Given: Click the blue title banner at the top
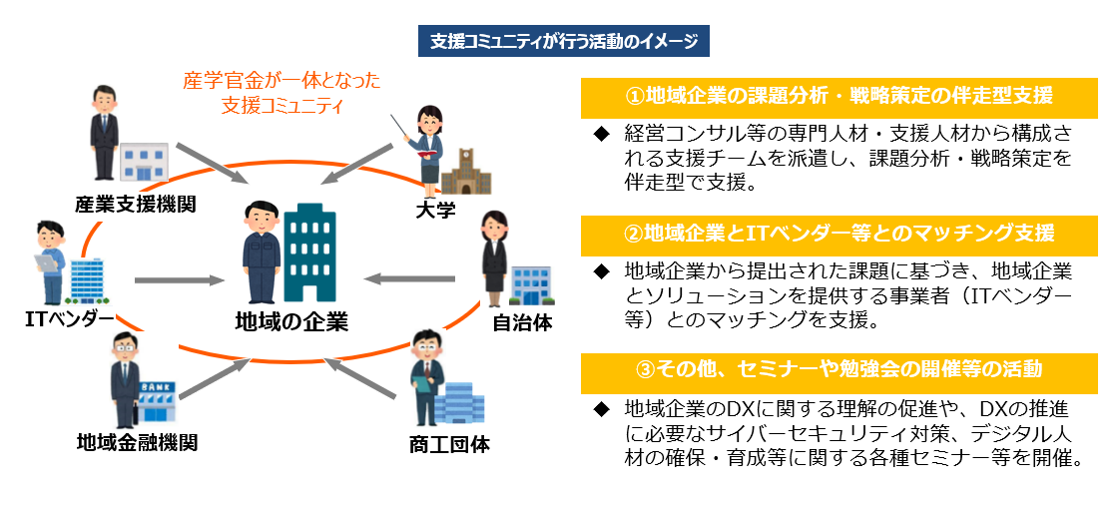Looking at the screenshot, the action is (x=564, y=42).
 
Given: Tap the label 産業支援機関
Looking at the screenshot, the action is (x=136, y=205).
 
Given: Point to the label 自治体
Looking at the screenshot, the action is (x=522, y=322).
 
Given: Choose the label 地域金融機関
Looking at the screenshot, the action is (x=137, y=443).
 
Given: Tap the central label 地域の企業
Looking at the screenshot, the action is (x=290, y=320).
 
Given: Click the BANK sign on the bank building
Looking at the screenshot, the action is (x=154, y=387).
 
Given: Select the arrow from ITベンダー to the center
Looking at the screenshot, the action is (x=179, y=280).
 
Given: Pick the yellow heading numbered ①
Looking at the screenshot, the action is (x=840, y=97).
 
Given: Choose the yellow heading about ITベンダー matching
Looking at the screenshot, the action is (x=840, y=235).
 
